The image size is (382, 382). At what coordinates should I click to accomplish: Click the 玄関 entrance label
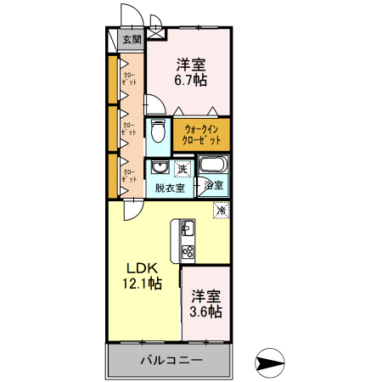[131, 40]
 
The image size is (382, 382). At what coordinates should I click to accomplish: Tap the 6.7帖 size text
[191, 81]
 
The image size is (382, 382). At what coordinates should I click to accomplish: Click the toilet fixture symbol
[159, 130]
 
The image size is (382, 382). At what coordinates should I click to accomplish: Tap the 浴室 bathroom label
[214, 184]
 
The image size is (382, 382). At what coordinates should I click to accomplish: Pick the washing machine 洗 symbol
[183, 168]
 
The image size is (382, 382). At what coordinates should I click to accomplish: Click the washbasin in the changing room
[159, 166]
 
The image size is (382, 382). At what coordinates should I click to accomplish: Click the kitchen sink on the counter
[187, 229]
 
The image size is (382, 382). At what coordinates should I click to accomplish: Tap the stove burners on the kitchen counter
[187, 252]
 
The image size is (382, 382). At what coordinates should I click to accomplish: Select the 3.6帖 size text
[206, 312]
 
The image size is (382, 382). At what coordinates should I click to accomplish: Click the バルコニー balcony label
[171, 361]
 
